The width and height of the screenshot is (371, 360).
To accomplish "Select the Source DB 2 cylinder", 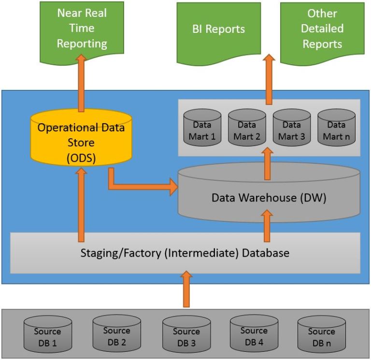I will click(x=116, y=334).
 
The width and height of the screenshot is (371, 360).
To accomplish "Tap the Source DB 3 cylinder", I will click(x=186, y=335).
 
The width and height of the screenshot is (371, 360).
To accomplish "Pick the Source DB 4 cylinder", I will click(x=254, y=334).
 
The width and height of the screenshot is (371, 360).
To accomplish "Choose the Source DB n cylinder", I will click(x=321, y=335).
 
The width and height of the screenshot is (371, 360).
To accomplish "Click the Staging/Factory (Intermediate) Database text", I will click(x=185, y=253).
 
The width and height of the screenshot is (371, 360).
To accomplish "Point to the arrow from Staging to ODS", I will click(x=81, y=203).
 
